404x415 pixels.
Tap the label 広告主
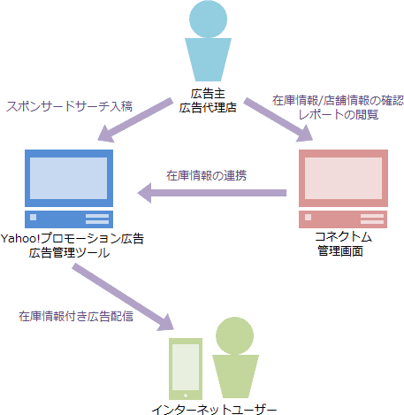pyautogui.click(x=208, y=94)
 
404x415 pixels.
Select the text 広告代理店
pyautogui.click(x=208, y=108)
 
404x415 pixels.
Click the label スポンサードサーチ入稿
pyautogui.click(x=69, y=105)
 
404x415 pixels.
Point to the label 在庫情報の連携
pyautogui.click(x=206, y=174)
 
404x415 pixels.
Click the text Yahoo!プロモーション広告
pyautogui.click(x=72, y=239)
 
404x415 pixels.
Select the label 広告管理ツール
pyautogui.click(x=69, y=253)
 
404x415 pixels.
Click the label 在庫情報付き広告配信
pyautogui.click(x=76, y=315)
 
